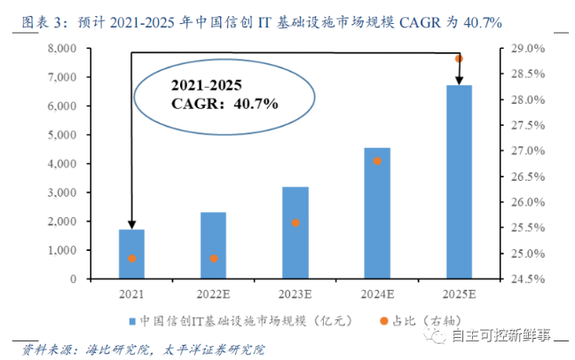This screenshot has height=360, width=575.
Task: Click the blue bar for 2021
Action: click(130, 254)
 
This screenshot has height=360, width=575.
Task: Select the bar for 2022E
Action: click(213, 246)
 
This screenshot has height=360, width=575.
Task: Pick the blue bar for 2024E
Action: click(377, 213)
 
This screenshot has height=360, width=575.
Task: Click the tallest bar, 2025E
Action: click(460, 182)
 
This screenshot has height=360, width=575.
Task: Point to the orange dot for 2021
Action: click(131, 259)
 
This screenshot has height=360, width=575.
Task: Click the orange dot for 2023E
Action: click(295, 223)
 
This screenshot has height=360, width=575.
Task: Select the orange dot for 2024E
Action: click(377, 161)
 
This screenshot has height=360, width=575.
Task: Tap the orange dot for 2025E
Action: click(460, 59)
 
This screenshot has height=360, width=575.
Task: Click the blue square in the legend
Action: click(131, 319)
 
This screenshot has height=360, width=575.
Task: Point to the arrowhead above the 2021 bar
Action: click(131, 225)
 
